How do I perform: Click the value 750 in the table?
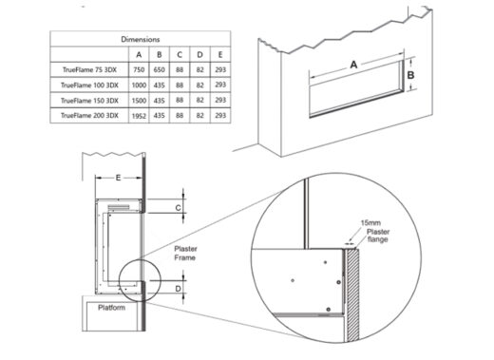pyautogui.click(x=140, y=69)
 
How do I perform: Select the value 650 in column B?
pyautogui.click(x=162, y=69)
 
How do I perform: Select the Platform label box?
pyautogui.click(x=117, y=308)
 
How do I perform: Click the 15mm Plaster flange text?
pyautogui.click(x=372, y=229)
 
